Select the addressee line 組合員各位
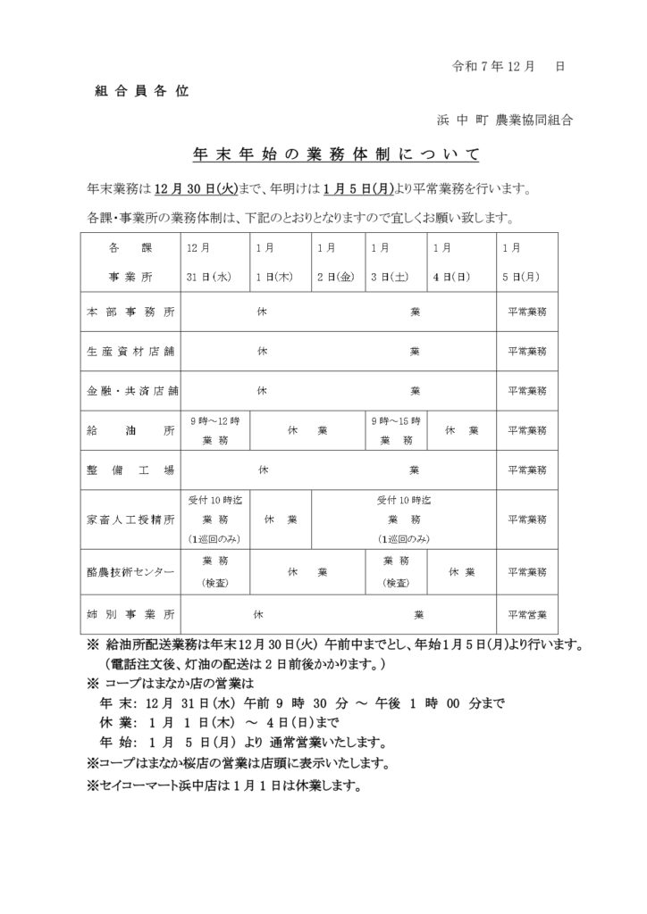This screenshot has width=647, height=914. coord(141,93)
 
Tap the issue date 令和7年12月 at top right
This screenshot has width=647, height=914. coord(494,67)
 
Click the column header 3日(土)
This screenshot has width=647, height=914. coord(390,277)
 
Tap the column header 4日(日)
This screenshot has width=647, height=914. coord(452,277)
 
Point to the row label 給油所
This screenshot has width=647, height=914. coord(130,429)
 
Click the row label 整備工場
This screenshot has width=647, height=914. coord(130,469)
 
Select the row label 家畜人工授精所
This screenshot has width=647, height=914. coord(130,519)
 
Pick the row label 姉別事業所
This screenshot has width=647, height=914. coord(130,615)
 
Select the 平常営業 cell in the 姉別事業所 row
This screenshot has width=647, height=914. coord(527,615)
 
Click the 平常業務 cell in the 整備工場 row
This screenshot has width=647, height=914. coord(527,469)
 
